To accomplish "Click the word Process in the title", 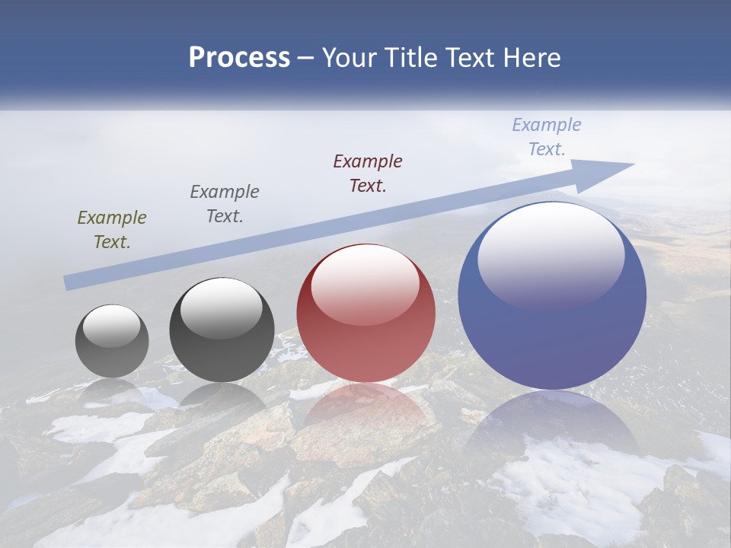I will click(x=239, y=58).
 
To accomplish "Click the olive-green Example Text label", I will click(x=112, y=230).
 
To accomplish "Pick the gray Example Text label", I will click(x=225, y=204).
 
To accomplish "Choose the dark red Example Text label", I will click(x=368, y=174).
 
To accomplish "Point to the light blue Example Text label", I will click(x=547, y=137).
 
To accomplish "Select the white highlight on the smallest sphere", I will click(x=111, y=326).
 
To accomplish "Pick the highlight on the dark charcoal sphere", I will click(x=221, y=308).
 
